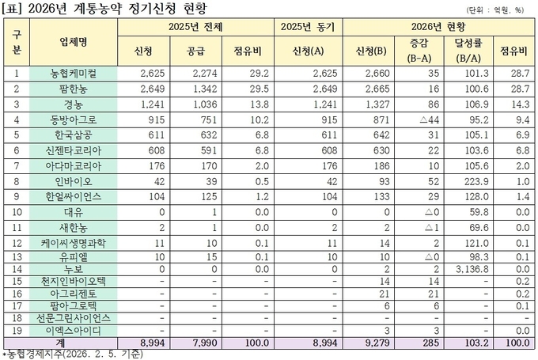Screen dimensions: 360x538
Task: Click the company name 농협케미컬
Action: point(78,73)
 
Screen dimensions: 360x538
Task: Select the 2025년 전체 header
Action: point(195,27)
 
